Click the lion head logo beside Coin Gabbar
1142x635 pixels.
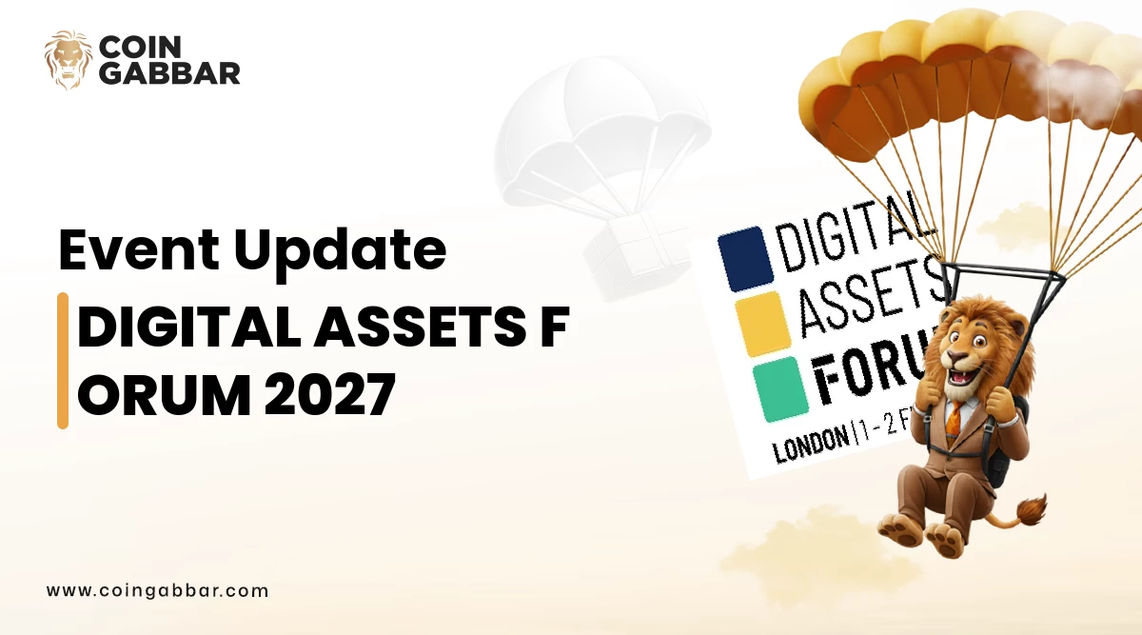69,60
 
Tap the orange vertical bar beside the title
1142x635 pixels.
63,360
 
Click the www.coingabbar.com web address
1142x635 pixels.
158,590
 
